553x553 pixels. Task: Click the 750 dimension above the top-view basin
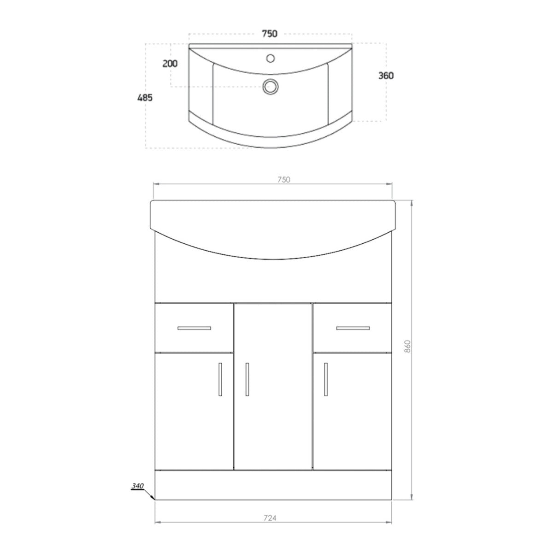[x=270, y=33]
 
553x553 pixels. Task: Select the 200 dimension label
[x=170, y=64]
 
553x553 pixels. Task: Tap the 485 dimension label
[x=145, y=97]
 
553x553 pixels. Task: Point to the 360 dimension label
[x=386, y=76]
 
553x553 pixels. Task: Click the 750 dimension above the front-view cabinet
[x=284, y=180]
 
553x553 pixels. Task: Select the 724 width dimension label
[x=271, y=518]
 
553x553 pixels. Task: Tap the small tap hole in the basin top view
[x=271, y=58]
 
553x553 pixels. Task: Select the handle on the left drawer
[x=194, y=328]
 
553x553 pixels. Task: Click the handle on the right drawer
[x=353, y=328]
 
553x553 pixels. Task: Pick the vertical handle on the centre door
[x=247, y=379]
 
